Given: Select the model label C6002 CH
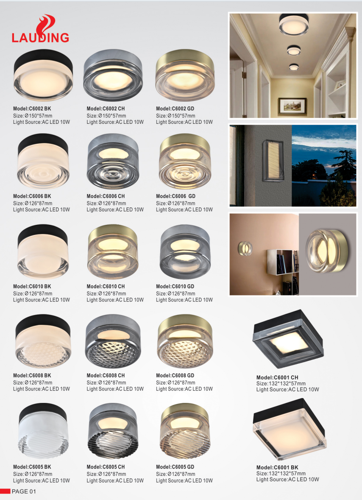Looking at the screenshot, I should pyautogui.click(x=106, y=109).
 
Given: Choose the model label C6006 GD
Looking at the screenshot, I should pyautogui.click(x=175, y=196).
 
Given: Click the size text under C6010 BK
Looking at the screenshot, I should pyautogui.click(x=33, y=293).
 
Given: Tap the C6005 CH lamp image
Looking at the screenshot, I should pyautogui.click(x=113, y=431).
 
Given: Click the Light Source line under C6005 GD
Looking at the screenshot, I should pyautogui.click(x=184, y=480).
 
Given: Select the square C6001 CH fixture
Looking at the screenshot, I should pyautogui.click(x=288, y=339).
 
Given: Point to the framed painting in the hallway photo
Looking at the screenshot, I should pyautogui.click(x=292, y=106).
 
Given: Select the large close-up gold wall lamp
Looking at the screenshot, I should pyautogui.click(x=326, y=253).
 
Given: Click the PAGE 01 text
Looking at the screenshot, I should pyautogui.click(x=24, y=492).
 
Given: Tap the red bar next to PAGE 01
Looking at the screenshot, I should pyautogui.click(x=5, y=491).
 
